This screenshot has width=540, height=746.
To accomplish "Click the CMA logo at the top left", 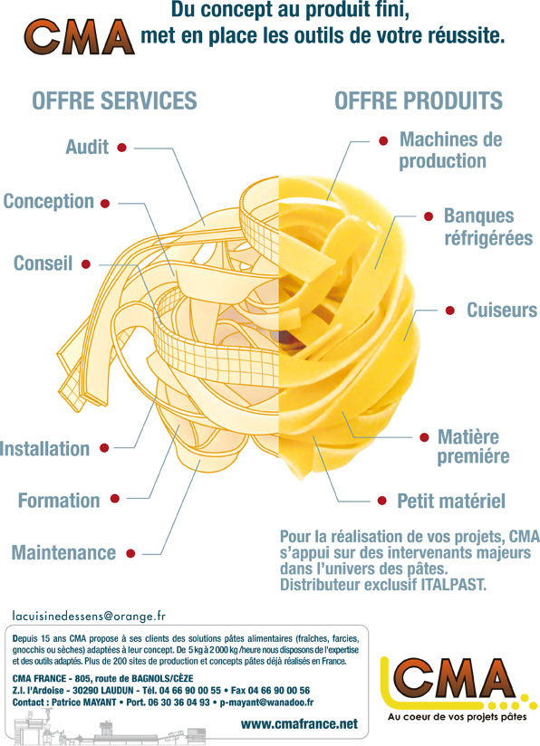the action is [x=79, y=37].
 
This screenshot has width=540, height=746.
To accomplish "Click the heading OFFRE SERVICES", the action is [x=114, y=100].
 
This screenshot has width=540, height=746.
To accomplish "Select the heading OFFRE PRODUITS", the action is [x=419, y=100].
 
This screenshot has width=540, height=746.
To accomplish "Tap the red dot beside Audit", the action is [x=122, y=148].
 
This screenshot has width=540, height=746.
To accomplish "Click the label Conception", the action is [x=49, y=202].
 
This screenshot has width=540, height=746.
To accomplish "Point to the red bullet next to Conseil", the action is [x=86, y=264].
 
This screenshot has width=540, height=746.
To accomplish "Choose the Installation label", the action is [x=44, y=449].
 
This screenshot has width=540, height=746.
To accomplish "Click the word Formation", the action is [x=59, y=501].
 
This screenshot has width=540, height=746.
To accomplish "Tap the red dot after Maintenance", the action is [x=130, y=553].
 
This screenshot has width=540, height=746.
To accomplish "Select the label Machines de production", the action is [x=450, y=150].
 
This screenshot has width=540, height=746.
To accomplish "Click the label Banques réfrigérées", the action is [x=488, y=227].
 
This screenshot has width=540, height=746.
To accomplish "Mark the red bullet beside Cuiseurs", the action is [x=450, y=311].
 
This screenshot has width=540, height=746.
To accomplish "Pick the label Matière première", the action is [x=473, y=446].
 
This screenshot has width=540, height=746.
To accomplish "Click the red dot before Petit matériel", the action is [x=382, y=501].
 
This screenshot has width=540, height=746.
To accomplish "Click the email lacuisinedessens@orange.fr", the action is [x=89, y=617].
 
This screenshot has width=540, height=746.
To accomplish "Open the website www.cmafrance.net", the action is [x=299, y=723].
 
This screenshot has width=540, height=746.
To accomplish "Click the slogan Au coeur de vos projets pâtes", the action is [x=458, y=716].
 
